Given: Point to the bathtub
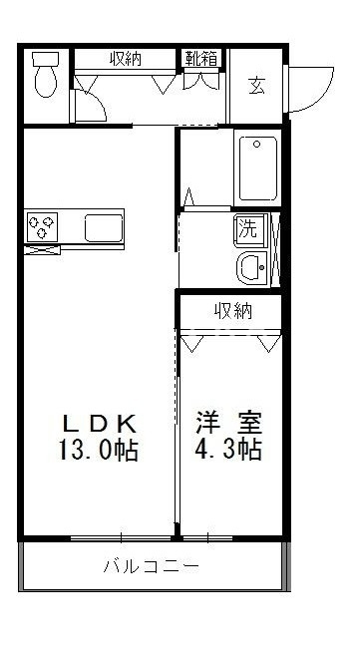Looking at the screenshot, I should coord(258,169).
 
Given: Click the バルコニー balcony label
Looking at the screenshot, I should coord(154,567).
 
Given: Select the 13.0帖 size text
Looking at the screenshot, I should coord(99,450).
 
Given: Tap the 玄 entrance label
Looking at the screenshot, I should coord(257,85).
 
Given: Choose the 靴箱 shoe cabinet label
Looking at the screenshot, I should coord(200,59).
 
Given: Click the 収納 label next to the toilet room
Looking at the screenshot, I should coord(126,59).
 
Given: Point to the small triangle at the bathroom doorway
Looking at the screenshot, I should coord(190,196).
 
